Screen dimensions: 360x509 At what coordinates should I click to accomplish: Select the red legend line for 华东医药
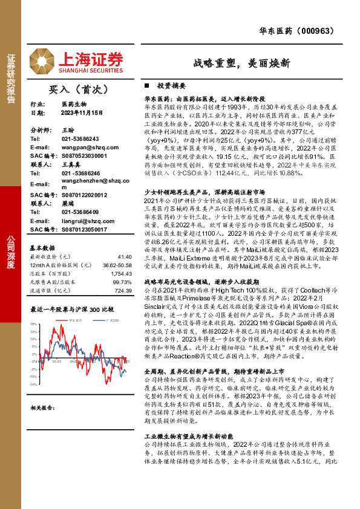[64, 319]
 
